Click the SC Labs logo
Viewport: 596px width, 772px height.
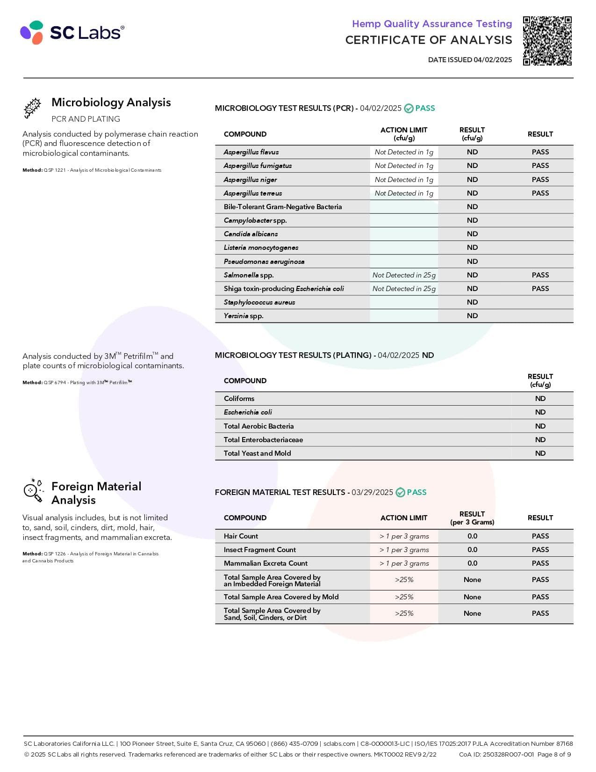pyautogui.click(x=72, y=32)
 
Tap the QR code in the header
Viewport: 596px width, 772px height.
pyautogui.click(x=547, y=41)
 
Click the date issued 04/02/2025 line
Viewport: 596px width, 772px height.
pyautogui.click(x=470, y=60)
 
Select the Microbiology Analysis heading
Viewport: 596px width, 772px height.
pyautogui.click(x=111, y=102)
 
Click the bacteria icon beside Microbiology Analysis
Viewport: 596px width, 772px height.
pyautogui.click(x=33, y=108)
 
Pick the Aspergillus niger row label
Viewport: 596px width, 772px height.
pyautogui.click(x=250, y=180)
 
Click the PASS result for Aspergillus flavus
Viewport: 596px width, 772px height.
pyautogui.click(x=540, y=152)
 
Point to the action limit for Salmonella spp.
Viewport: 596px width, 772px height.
pyautogui.click(x=404, y=275)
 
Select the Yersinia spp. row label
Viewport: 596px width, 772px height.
pyautogui.click(x=244, y=316)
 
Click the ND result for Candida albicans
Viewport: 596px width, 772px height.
pyautogui.click(x=472, y=234)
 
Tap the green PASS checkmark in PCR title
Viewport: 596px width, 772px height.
pyautogui.click(x=409, y=109)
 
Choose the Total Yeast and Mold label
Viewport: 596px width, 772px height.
pyautogui.click(x=257, y=453)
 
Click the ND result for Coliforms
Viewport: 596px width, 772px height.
pyautogui.click(x=540, y=399)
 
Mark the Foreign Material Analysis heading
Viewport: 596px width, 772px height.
pyautogui.click(x=96, y=493)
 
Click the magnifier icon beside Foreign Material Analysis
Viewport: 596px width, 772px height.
pyautogui.click(x=33, y=491)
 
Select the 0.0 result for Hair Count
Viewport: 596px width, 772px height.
pyautogui.click(x=472, y=536)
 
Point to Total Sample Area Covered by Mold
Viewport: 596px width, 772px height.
pyautogui.click(x=281, y=597)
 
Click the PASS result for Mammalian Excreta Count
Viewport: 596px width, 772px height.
pyautogui.click(x=540, y=563)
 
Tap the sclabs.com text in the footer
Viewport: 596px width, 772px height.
pyautogui.click(x=339, y=743)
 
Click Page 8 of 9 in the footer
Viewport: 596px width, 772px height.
pyautogui.click(x=554, y=754)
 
